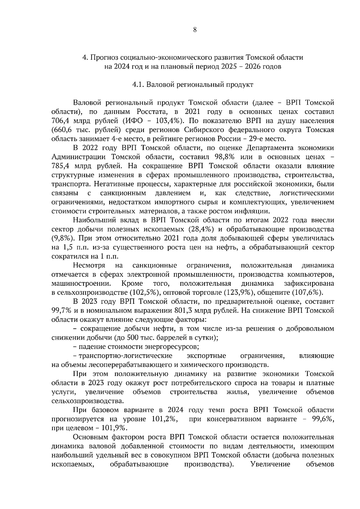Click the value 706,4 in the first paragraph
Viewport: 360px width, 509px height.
coord(61,121)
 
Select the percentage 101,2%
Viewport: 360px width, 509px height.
coord(164,419)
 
